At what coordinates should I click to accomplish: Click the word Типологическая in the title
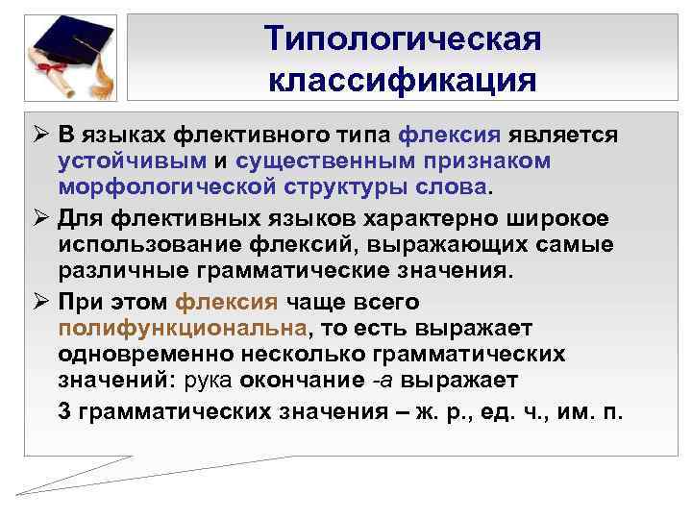click(x=403, y=39)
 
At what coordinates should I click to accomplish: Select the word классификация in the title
click(x=403, y=79)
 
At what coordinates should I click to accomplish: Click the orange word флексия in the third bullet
click(x=227, y=302)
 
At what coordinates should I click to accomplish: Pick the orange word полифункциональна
click(x=183, y=328)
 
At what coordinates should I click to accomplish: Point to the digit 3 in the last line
click(x=64, y=412)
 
